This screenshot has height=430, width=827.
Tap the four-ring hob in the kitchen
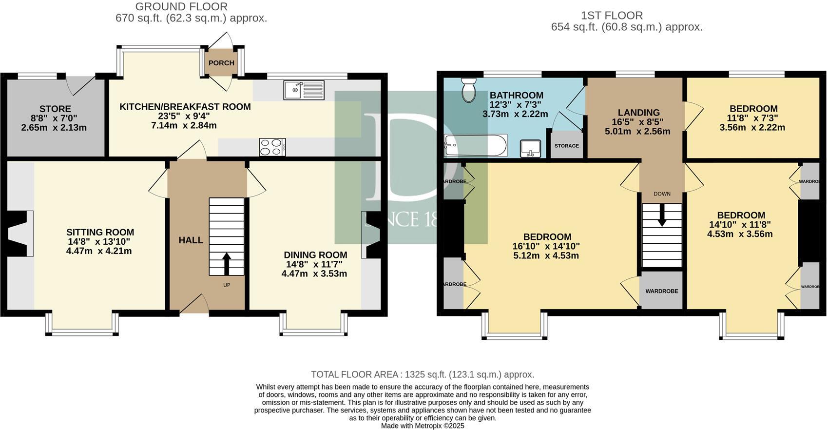pyautogui.click(x=272, y=147)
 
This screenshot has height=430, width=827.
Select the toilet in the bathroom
pyautogui.click(x=469, y=90)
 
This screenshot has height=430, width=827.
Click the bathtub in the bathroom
pyautogui.click(x=476, y=145)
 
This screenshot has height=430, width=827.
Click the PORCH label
pyautogui.click(x=221, y=63)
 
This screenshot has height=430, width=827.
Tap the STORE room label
pyautogui.click(x=55, y=109)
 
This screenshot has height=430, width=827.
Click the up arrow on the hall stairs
pyautogui.click(x=227, y=263)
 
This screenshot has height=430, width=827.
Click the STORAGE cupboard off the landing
pyautogui.click(x=566, y=145)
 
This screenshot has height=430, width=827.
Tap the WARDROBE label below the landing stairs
pyautogui.click(x=661, y=291)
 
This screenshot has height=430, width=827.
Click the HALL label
pyautogui.click(x=191, y=240)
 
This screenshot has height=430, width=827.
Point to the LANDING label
pyautogui.click(x=638, y=113)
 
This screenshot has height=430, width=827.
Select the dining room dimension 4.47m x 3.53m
pyautogui.click(x=314, y=274)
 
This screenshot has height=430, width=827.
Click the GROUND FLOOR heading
pyautogui.click(x=181, y=7)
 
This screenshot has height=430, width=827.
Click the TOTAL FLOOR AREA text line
pyautogui.click(x=423, y=374)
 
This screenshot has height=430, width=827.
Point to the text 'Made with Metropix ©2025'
pyautogui.click(x=423, y=426)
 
